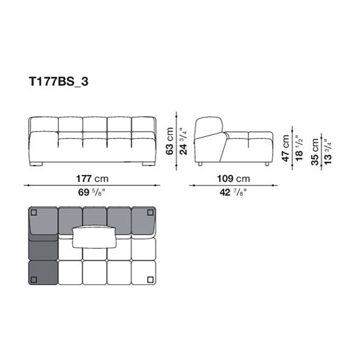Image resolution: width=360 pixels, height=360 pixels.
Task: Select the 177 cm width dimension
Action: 92,179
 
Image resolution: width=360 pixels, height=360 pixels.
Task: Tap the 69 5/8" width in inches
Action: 92,193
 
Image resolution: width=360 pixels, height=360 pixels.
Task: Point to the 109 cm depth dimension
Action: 234,179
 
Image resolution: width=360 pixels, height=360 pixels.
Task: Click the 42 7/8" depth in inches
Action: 233,193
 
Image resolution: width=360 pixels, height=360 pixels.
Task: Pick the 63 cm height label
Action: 170,141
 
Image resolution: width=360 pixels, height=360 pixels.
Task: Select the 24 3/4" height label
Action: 182,141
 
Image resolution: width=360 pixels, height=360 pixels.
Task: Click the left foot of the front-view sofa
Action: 37,164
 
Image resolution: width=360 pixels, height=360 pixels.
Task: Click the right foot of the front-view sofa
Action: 148,164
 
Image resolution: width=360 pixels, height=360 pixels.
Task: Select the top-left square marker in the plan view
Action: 34,212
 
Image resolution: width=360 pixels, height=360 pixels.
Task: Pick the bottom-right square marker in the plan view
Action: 149,280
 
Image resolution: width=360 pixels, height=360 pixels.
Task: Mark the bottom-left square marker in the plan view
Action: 34,280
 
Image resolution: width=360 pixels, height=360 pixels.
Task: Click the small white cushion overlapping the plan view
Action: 95,237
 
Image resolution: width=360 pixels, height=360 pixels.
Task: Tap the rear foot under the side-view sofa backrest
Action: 200,164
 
